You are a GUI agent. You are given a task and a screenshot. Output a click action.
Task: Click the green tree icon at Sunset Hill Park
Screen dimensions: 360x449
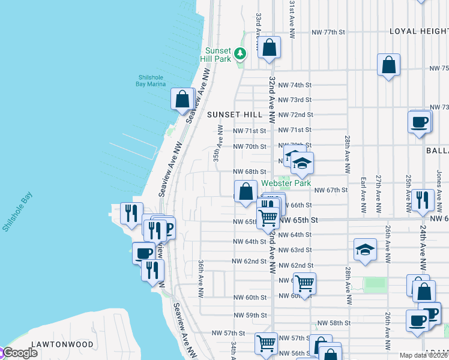coord(240,54)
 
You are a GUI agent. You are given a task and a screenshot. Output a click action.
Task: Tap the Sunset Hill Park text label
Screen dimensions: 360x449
coord(218,55)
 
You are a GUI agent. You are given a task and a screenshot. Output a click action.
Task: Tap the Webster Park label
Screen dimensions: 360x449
coord(286,183)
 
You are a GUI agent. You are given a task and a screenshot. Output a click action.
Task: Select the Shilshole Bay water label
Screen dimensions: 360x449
coord(18,212)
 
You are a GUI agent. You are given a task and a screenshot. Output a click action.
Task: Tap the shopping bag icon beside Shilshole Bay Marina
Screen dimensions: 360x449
coord(182,99)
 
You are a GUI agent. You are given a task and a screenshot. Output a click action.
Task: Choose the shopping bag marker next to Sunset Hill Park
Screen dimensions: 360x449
coord(270,47)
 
